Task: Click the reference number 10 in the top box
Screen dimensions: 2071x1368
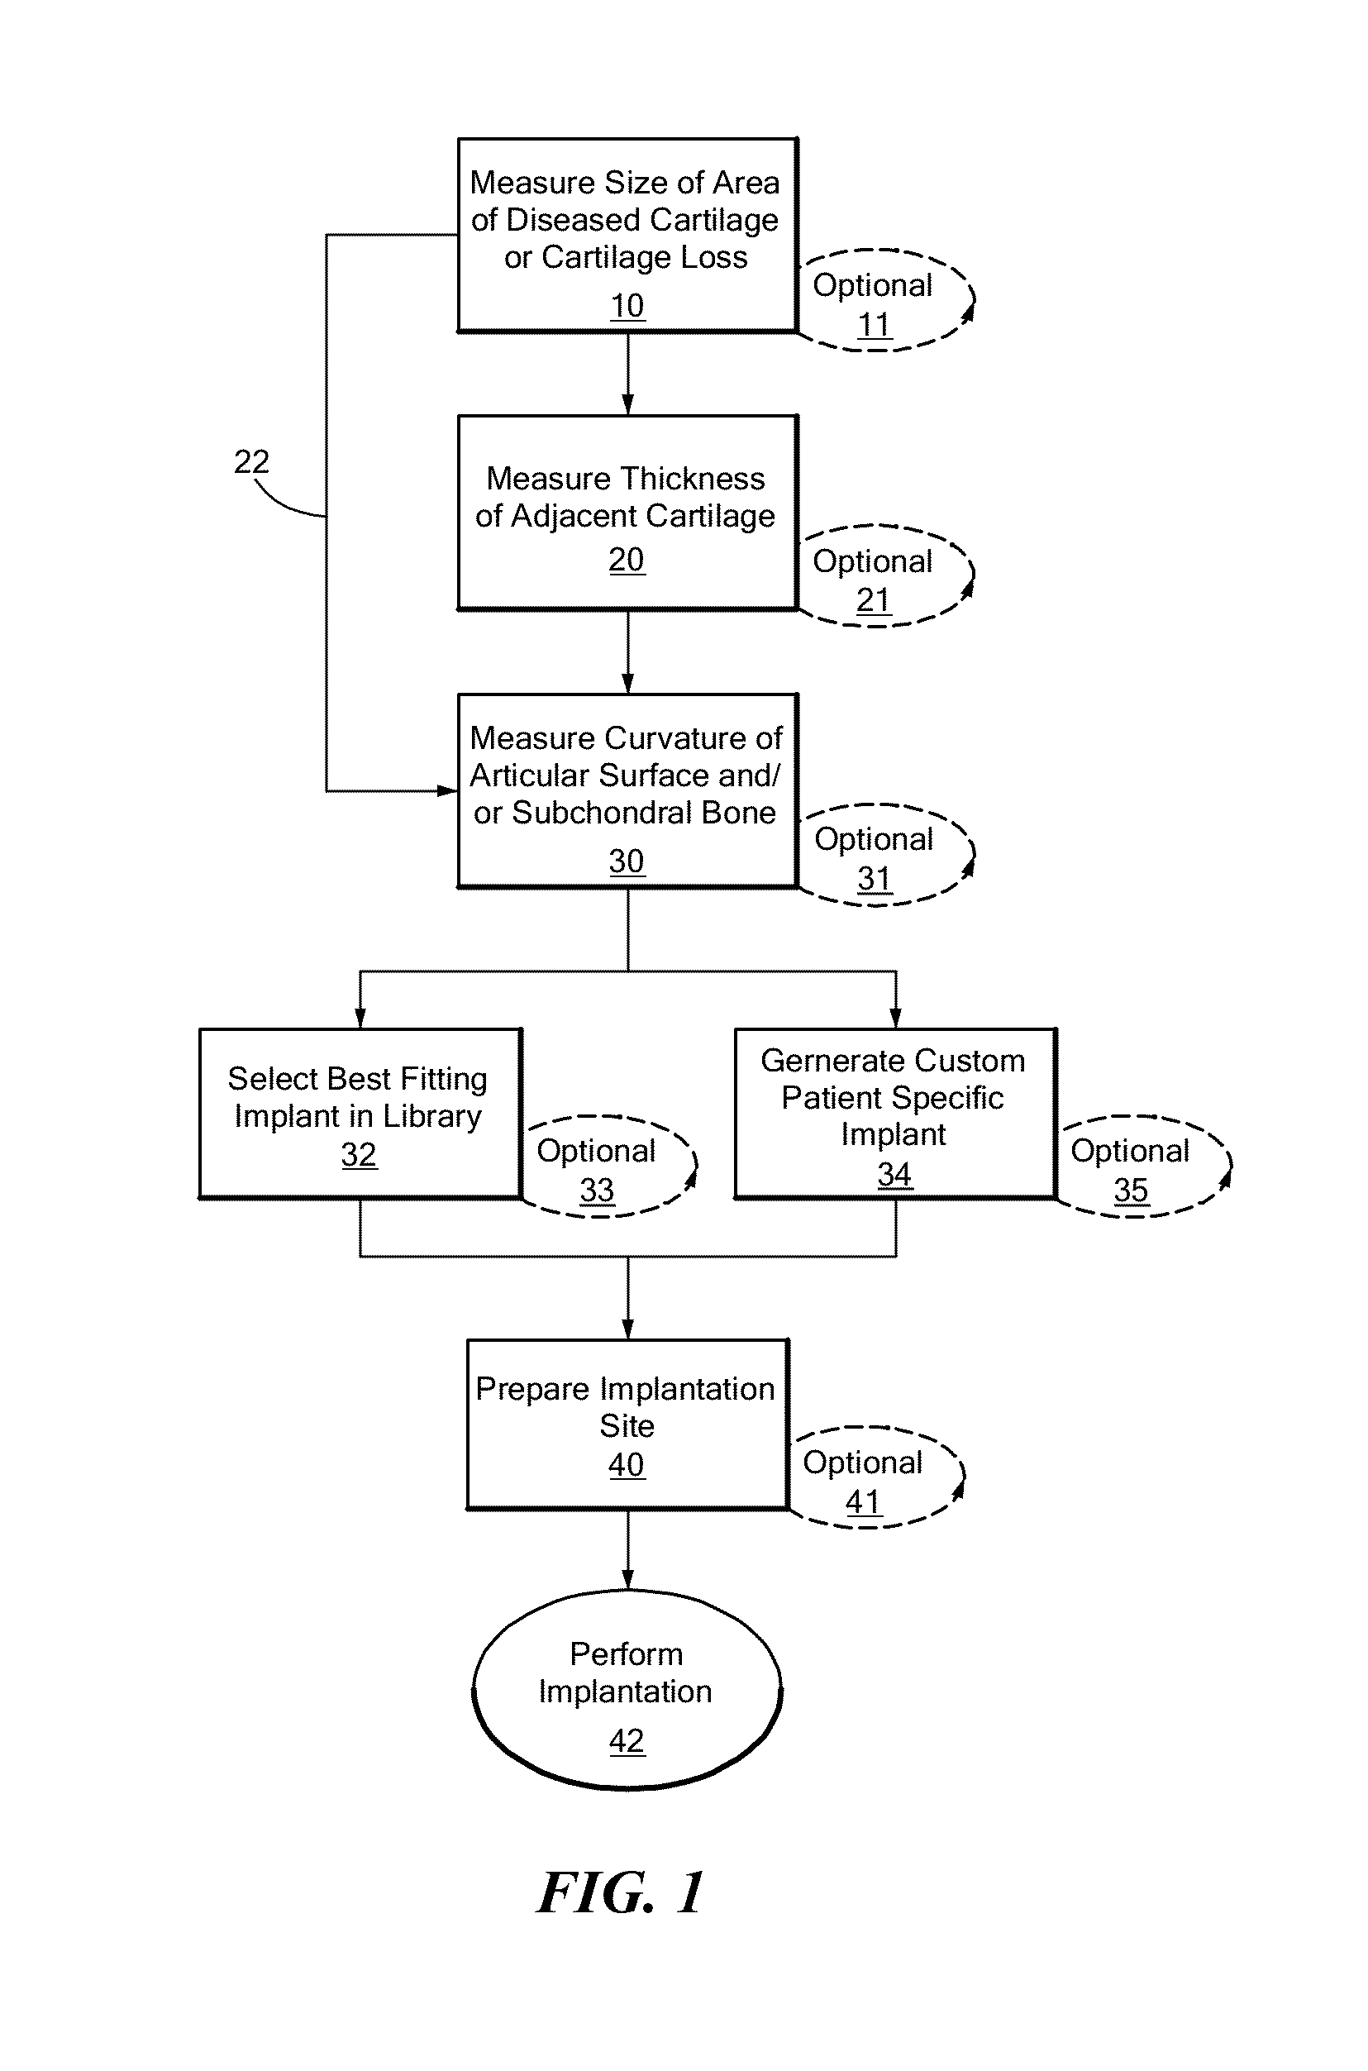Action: coord(627,306)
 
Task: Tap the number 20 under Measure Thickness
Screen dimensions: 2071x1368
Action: coord(627,560)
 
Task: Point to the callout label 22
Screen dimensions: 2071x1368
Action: coord(251,461)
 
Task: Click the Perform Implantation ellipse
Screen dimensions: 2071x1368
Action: coord(627,1691)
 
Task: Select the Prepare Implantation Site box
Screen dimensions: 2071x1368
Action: coord(627,1424)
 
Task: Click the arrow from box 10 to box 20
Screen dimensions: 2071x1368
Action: coord(627,374)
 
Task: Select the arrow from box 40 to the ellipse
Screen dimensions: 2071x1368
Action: coord(627,1550)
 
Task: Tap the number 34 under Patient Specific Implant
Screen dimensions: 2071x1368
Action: coord(894,1175)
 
